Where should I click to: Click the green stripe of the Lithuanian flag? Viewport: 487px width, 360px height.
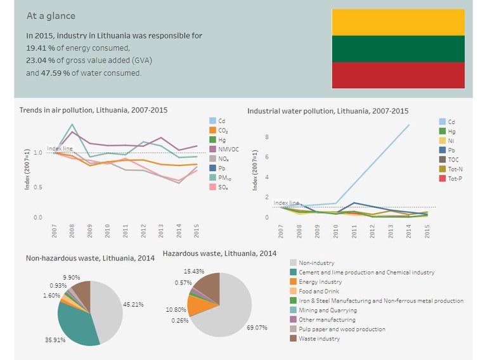tap(398, 49)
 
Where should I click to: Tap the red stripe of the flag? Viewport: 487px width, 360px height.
tap(398, 75)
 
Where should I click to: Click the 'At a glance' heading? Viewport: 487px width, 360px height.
tap(51, 16)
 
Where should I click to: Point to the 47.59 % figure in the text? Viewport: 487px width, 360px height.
tap(55, 74)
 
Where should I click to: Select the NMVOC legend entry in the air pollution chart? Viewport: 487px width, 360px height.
tap(224, 150)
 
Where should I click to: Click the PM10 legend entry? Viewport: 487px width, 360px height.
tap(220, 178)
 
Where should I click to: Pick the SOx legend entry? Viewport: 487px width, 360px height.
tap(219, 187)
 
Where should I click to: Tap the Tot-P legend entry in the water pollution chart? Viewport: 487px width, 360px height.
tap(451, 179)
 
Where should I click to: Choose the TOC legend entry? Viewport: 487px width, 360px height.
tap(449, 160)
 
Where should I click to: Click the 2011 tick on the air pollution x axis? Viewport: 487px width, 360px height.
tap(125, 231)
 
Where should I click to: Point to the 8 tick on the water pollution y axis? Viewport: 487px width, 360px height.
tap(267, 137)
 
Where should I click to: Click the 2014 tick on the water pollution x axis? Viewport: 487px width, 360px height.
tap(408, 231)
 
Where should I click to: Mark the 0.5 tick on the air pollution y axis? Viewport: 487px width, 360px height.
tap(38, 187)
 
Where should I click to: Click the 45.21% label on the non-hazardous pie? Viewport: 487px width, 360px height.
tap(133, 304)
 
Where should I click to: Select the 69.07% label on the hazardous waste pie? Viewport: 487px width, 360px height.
tap(257, 328)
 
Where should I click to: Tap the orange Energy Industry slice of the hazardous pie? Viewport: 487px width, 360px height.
tap(198, 305)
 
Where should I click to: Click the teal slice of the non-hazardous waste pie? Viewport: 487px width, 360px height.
tap(77, 326)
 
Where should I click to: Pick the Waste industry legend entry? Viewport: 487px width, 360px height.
tap(315, 338)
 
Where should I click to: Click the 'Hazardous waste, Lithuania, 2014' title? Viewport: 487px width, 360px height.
tap(219, 254)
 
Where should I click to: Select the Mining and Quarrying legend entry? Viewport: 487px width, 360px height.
tap(323, 310)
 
